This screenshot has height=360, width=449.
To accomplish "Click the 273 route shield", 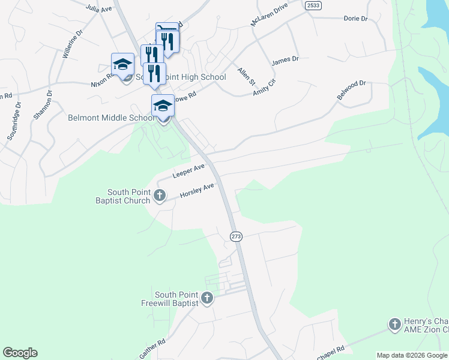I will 236,236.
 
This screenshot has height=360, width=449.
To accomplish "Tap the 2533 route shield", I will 312,5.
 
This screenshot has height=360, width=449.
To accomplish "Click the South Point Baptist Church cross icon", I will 160,195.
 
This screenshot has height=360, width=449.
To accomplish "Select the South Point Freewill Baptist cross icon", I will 207,298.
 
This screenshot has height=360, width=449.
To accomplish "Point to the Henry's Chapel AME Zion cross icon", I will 394,325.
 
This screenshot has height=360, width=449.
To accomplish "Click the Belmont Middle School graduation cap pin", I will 163,106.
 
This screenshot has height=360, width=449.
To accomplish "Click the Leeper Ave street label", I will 189,170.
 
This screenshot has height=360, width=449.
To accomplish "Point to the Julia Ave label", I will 99,8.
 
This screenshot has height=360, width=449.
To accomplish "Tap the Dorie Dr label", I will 355,19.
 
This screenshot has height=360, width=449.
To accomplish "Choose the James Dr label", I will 285,60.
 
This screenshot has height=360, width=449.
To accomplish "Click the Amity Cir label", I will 264,83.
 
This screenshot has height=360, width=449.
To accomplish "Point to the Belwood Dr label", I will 351,90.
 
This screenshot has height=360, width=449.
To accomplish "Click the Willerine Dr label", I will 71,43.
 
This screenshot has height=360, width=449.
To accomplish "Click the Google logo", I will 20,353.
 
